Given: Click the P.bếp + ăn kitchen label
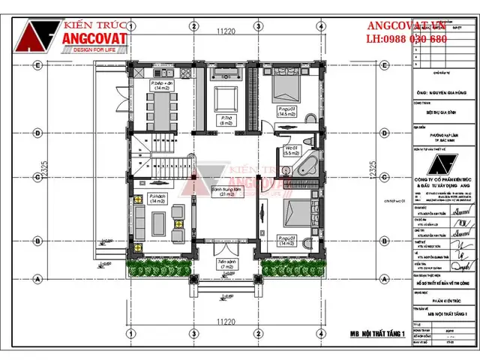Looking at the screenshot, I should pyautogui.click(x=161, y=82).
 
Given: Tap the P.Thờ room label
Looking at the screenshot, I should pyautogui.click(x=225, y=118).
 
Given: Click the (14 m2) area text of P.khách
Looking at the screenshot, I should pyautogui.click(x=158, y=202).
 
